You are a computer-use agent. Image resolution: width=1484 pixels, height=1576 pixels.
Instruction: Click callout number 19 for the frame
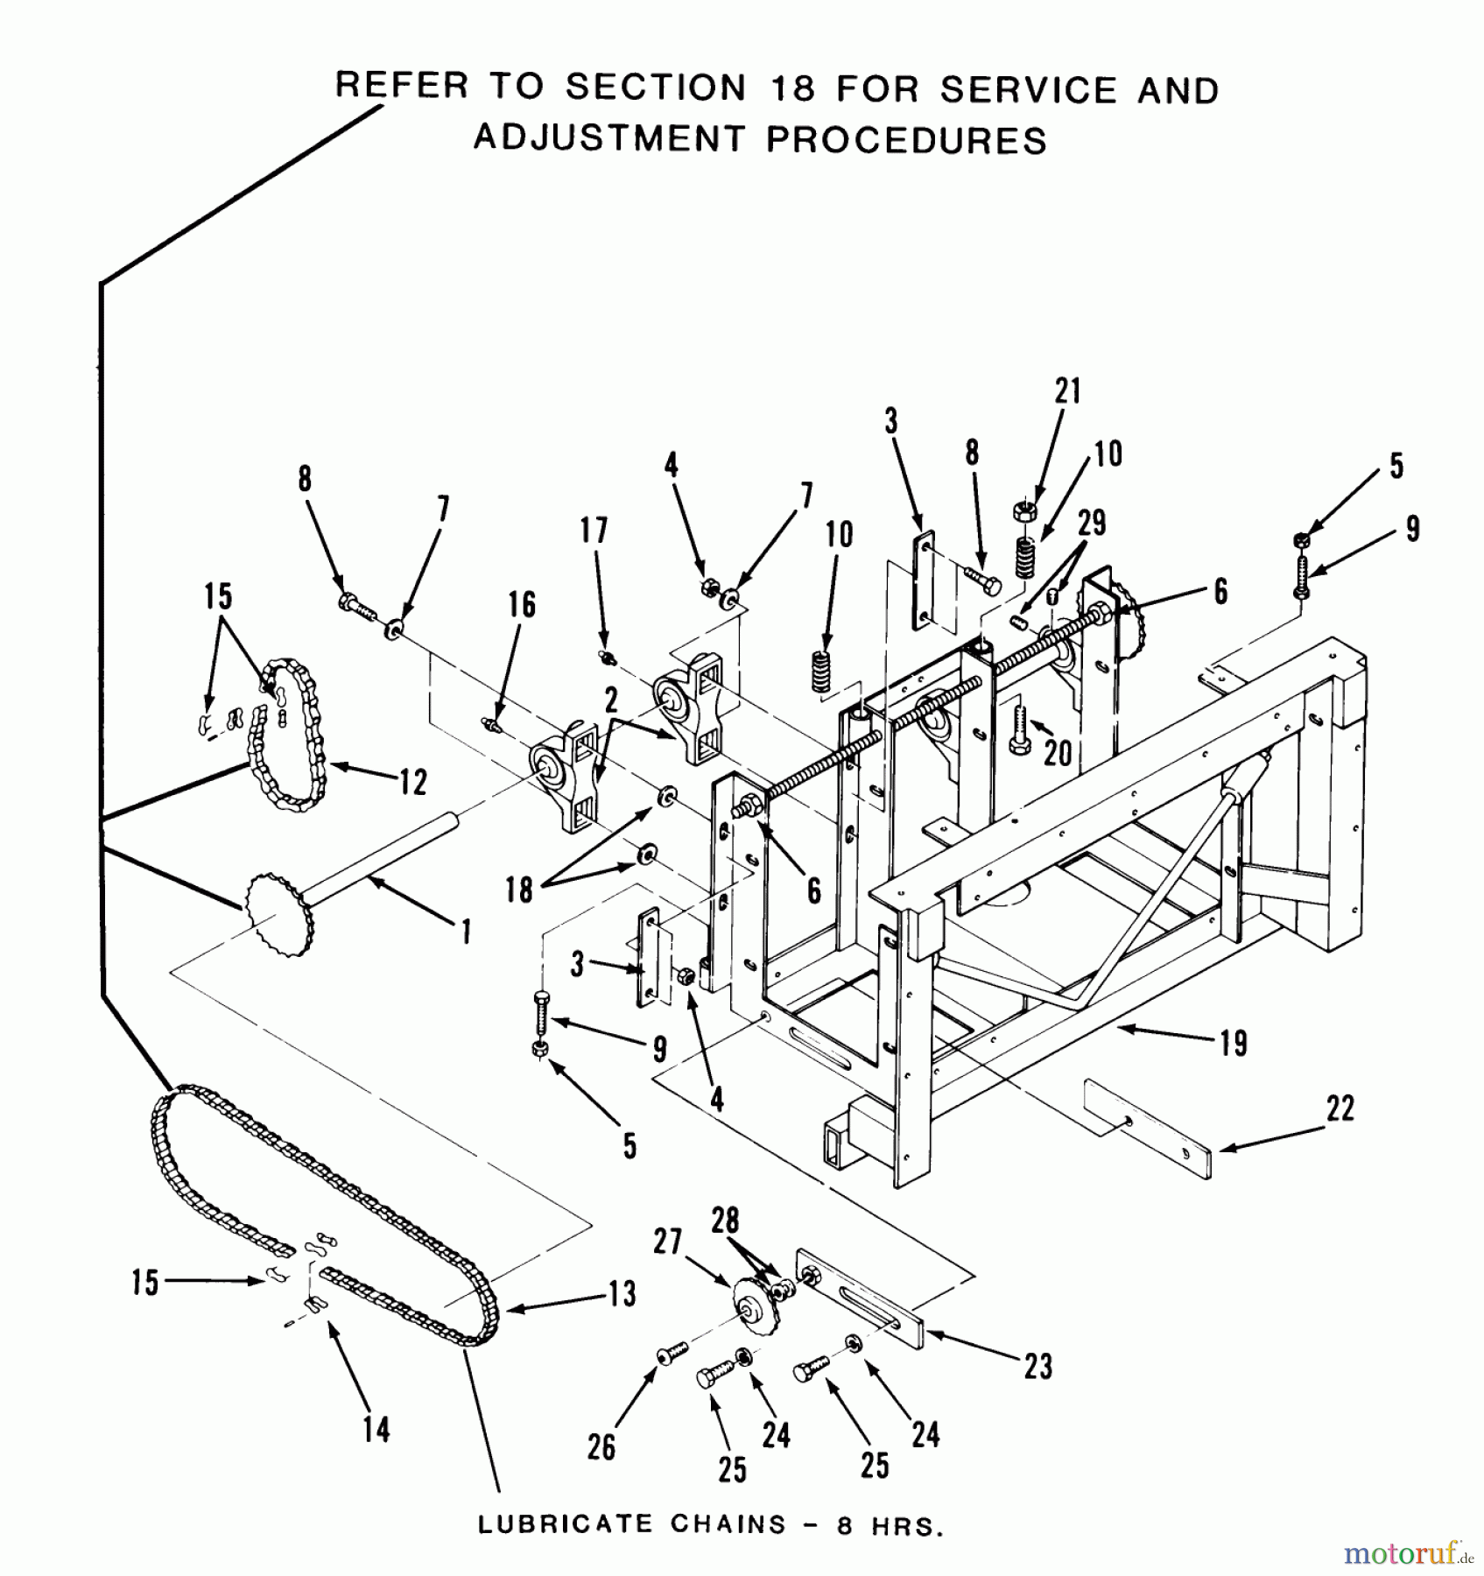click(1234, 1043)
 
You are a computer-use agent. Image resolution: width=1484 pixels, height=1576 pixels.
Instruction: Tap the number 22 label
click(1340, 1108)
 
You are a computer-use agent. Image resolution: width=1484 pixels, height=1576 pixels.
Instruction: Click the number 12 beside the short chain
click(413, 781)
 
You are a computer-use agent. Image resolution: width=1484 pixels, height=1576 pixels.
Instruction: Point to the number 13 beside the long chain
click(622, 1294)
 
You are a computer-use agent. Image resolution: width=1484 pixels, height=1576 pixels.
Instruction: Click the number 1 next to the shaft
click(466, 931)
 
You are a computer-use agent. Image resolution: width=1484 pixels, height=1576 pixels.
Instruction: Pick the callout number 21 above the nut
click(1067, 391)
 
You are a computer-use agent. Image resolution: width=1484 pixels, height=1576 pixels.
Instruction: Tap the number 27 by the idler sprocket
click(667, 1241)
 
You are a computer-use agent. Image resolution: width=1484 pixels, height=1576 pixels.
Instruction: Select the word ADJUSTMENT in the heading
click(609, 138)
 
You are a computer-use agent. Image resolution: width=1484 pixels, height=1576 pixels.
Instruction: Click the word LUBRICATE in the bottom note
click(566, 1524)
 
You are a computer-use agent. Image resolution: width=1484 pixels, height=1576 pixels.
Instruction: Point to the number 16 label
click(522, 605)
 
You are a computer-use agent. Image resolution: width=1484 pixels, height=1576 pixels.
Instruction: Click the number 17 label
click(593, 530)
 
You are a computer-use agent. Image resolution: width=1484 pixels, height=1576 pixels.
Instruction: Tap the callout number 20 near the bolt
click(1058, 751)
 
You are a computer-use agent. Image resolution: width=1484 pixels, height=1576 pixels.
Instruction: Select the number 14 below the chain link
click(376, 1430)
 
